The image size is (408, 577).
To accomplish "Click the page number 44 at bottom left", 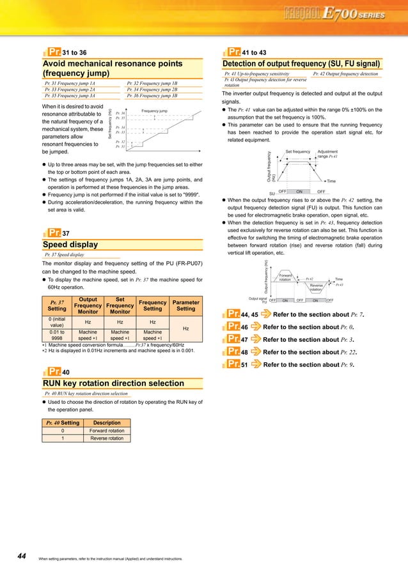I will pyautogui.click(x=21, y=557).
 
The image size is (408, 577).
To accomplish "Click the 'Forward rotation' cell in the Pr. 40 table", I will pyautogui.click(x=107, y=431).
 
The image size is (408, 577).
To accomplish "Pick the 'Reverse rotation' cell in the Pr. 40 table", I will pyautogui.click(x=107, y=438).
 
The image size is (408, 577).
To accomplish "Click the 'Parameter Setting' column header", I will pyautogui.click(x=185, y=305).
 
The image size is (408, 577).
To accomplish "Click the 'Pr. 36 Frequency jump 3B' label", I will pyautogui.click(x=152, y=95).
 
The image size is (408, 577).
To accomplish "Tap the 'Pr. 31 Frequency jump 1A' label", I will pyautogui.click(x=69, y=83).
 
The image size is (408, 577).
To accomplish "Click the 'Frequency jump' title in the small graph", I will pyautogui.click(x=154, y=111).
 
